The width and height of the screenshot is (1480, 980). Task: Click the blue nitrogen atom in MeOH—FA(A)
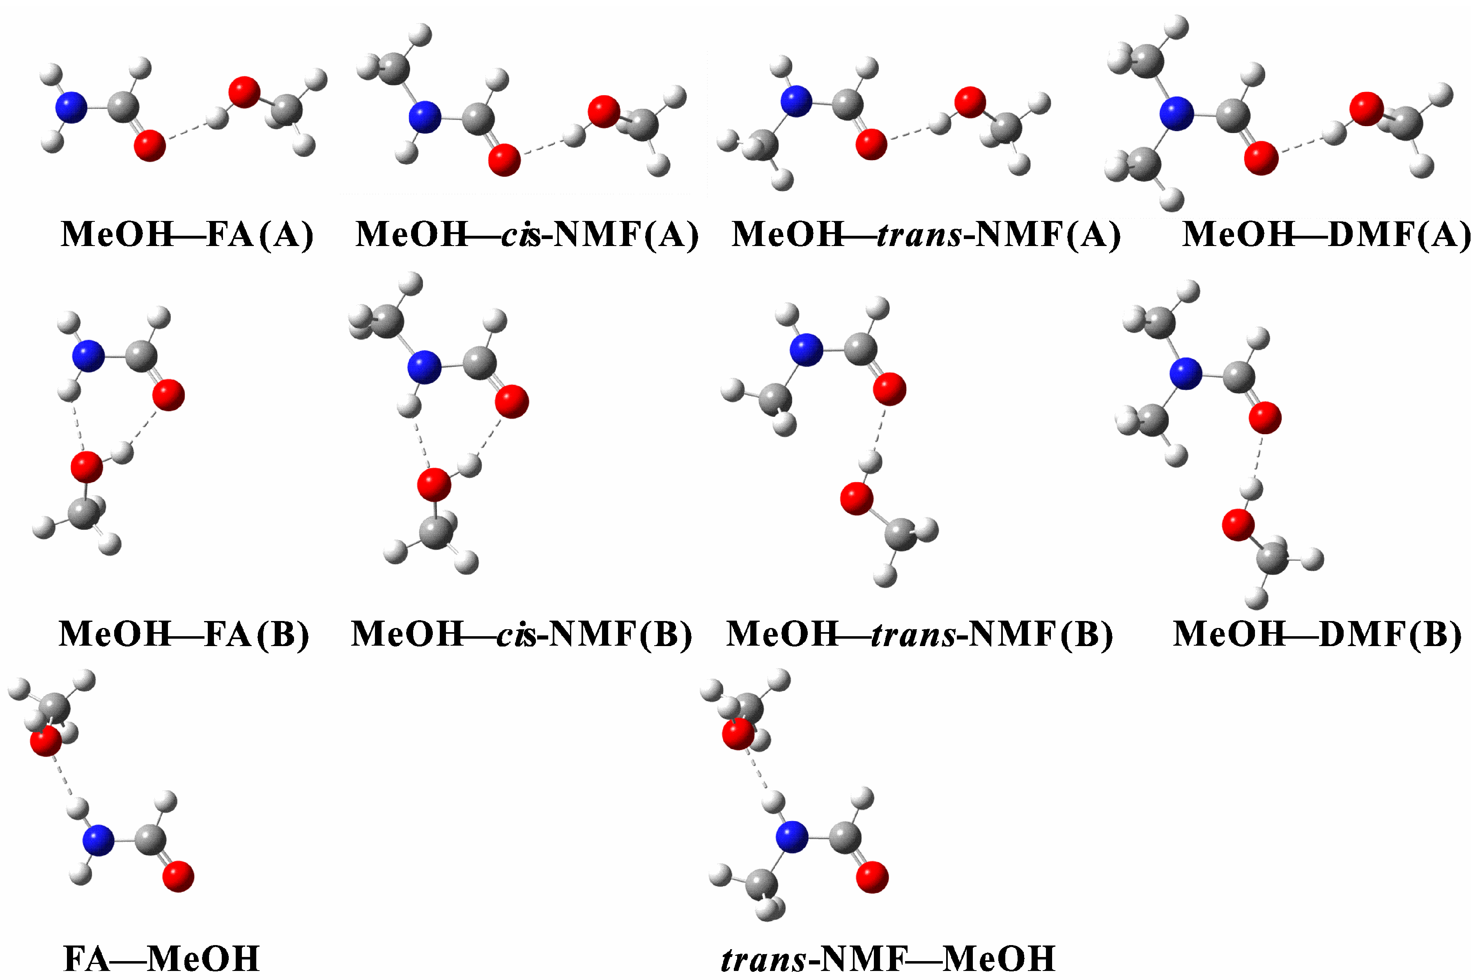(x=71, y=108)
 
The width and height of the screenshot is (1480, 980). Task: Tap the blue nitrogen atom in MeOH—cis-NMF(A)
(x=425, y=117)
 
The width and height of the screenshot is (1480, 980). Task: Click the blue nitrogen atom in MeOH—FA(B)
(x=88, y=356)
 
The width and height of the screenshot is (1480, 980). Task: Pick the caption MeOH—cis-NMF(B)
(x=522, y=635)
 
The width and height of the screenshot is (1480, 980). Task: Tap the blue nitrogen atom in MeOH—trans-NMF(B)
(x=806, y=350)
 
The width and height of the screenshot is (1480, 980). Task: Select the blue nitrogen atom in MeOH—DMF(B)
(x=1185, y=374)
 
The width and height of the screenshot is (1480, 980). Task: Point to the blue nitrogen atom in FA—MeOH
(x=99, y=840)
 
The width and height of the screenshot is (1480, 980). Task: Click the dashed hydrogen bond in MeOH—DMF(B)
(x=1257, y=458)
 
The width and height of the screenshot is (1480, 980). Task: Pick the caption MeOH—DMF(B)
(x=1317, y=635)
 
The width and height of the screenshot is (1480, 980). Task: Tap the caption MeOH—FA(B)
(x=184, y=635)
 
